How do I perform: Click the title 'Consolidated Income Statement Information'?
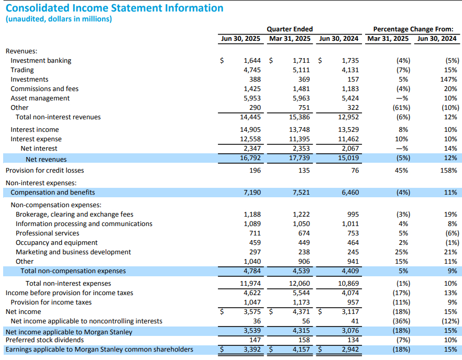tap(115, 8)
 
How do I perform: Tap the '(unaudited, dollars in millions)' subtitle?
tap(59, 19)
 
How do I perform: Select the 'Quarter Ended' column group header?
tap(290, 29)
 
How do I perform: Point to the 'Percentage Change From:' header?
tap(413, 29)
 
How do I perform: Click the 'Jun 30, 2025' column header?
tap(240, 39)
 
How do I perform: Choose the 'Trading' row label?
tap(22, 70)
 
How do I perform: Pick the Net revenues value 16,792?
tap(250, 158)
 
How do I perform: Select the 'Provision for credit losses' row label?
tap(45, 171)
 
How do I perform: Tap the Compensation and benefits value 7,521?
tap(301, 193)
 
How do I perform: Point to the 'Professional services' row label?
tap(48, 233)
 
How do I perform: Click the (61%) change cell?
tap(401, 108)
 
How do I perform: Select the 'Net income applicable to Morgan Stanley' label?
tap(69, 332)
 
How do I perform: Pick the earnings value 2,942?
tap(350, 350)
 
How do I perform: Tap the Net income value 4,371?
tap(301, 312)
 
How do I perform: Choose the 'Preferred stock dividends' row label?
tap(45, 340)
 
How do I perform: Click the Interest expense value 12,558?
tap(250, 139)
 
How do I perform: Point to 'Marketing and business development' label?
tap(73, 252)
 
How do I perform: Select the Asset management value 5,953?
tap(252, 98)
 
